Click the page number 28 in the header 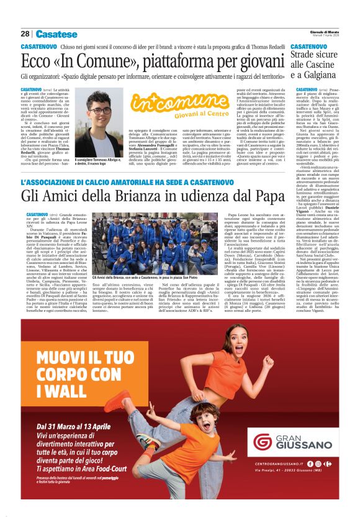pyautogui.click(x=25, y=34)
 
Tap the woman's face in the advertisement pyautogui.click(x=235, y=339)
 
